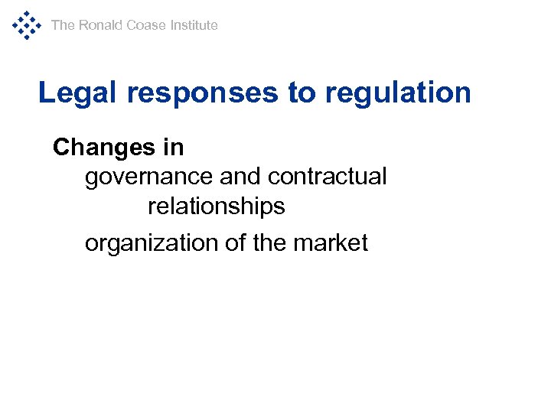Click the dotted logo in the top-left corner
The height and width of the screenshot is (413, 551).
(26, 25)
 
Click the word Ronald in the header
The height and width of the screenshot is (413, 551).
(100, 25)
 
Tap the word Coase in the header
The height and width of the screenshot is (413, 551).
(145, 25)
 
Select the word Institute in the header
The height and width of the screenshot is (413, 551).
(194, 25)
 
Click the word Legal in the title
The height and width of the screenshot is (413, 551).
(78, 93)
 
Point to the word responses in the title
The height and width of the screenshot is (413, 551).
(204, 93)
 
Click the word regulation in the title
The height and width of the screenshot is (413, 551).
(398, 93)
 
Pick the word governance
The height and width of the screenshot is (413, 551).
(148, 177)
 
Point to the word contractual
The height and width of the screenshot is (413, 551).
(328, 177)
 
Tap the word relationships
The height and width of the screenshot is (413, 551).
(216, 206)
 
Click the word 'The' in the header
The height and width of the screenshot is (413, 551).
(63, 25)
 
